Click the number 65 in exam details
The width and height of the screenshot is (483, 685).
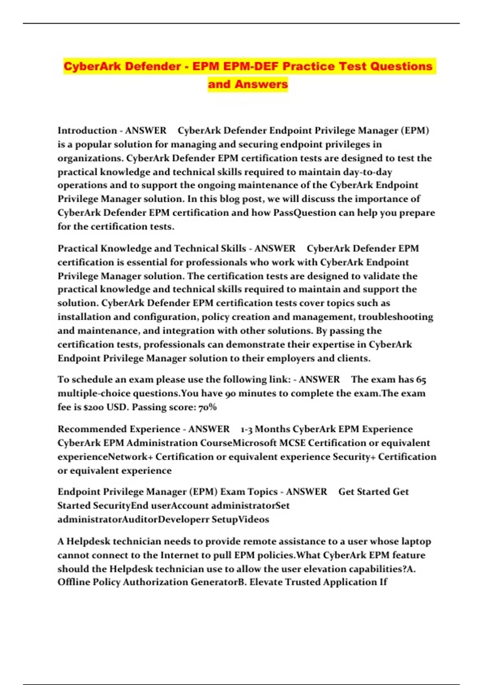[x=421, y=380]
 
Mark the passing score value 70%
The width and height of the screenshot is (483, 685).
[x=208, y=407]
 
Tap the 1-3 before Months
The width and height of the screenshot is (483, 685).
[x=246, y=429]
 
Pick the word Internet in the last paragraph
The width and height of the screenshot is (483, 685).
[x=179, y=555]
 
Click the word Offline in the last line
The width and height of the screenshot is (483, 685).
[x=73, y=582]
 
